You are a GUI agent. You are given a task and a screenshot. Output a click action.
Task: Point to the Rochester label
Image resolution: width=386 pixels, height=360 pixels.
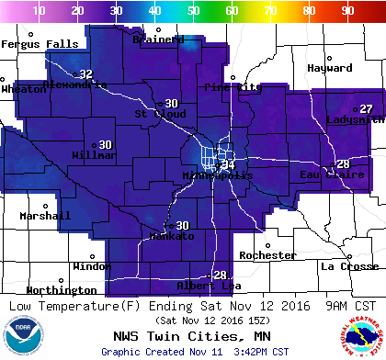267,255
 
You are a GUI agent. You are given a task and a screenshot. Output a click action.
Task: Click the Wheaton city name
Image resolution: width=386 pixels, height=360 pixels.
24,89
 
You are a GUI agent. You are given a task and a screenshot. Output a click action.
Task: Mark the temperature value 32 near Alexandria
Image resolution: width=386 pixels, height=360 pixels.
85,74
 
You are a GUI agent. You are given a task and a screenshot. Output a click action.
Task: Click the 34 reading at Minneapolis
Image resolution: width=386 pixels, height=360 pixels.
228,164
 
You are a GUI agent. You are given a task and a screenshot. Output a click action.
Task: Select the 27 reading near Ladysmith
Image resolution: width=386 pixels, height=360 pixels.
366,109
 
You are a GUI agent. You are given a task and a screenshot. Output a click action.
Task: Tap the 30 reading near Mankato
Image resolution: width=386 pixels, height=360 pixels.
182,226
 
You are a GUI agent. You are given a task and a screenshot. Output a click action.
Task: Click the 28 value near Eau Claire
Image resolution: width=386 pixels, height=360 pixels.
343,164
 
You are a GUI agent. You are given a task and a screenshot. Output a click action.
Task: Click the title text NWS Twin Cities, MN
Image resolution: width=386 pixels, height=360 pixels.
192,336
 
